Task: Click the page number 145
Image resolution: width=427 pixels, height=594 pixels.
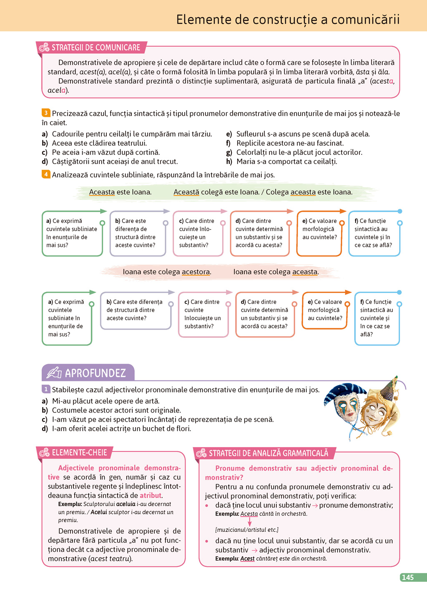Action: click(408, 577)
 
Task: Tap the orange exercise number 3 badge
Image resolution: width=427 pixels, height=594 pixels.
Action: click(46, 113)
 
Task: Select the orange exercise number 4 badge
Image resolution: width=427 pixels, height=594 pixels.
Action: click(46, 174)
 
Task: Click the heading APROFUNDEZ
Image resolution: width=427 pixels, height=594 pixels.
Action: click(95, 373)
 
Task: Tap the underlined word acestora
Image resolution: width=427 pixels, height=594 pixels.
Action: click(196, 272)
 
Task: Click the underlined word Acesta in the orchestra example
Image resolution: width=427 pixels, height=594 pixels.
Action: click(249, 514)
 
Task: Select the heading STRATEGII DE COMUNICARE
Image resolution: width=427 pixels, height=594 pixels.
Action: click(95, 48)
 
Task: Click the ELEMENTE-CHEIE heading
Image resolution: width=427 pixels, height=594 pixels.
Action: click(79, 453)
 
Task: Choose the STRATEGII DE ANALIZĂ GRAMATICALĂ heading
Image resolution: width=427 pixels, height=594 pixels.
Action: click(268, 453)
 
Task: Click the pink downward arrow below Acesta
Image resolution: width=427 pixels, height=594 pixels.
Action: click(249, 522)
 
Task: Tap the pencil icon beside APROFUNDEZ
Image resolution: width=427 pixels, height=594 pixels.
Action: click(54, 372)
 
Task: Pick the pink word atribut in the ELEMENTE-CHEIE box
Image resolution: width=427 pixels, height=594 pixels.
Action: click(151, 496)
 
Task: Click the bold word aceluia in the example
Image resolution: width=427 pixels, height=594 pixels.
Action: click(126, 504)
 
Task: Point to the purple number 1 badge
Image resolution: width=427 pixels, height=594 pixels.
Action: click(46, 389)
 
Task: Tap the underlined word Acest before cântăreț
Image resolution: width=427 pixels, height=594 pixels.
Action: click(247, 559)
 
